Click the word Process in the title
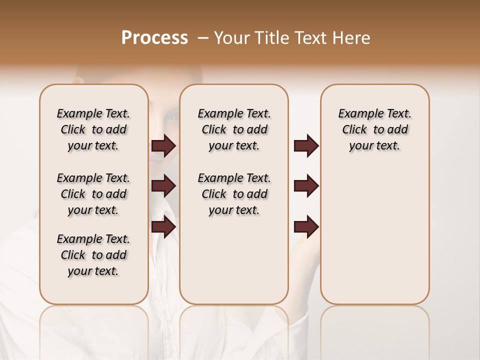pos(154,38)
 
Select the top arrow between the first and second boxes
pos(163,146)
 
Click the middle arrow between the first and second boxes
pos(163,186)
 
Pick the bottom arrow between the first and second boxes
pos(163,226)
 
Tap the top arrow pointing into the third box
pos(306,146)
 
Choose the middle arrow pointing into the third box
pos(306,186)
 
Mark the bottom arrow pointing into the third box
pos(306,226)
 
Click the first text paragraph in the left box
pos(93,129)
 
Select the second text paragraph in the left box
pos(93,194)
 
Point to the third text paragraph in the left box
pos(93,255)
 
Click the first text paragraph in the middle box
pos(234,129)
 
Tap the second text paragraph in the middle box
pos(234,194)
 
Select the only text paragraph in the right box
pos(374,129)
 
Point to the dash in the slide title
pos(202,38)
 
